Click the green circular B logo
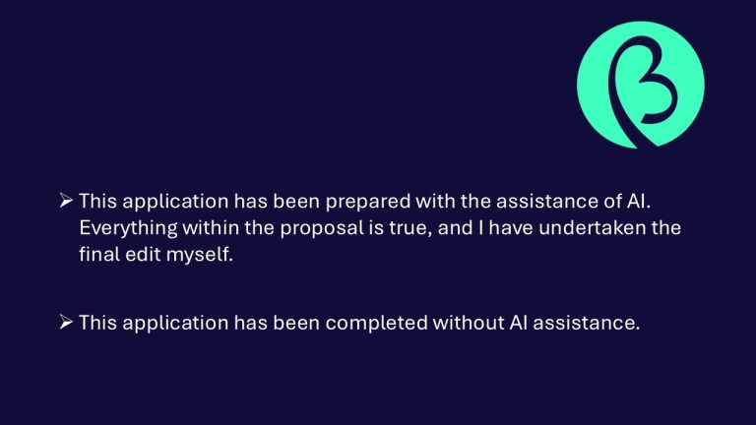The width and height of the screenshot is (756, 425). click(x=640, y=85)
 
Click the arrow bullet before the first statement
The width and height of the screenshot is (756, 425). click(x=66, y=200)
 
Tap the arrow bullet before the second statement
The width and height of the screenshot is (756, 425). click(x=66, y=322)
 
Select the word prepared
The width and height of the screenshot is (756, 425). click(x=368, y=203)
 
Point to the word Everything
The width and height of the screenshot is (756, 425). click(x=128, y=229)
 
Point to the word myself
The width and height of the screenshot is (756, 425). click(x=200, y=256)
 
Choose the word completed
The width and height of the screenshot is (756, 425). click(x=377, y=323)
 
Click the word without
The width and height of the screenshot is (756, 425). click(x=469, y=323)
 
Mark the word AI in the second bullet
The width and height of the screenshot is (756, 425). click(x=519, y=323)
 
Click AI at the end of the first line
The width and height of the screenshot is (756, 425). click(x=639, y=201)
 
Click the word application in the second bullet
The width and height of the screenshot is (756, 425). click(x=175, y=324)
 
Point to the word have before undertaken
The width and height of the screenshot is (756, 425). click(x=511, y=227)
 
